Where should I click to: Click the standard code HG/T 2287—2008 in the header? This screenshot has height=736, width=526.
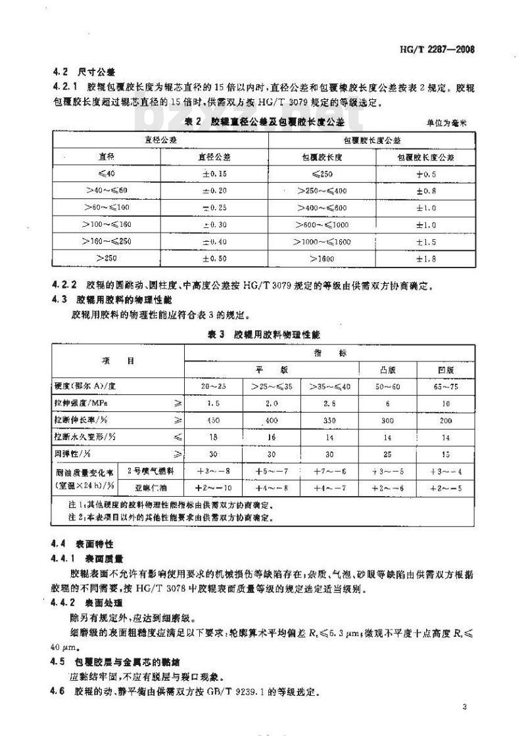pos(446,49)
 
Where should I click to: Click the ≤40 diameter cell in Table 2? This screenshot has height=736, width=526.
pos(102,173)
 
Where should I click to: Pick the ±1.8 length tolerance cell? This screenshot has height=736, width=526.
pos(426,259)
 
